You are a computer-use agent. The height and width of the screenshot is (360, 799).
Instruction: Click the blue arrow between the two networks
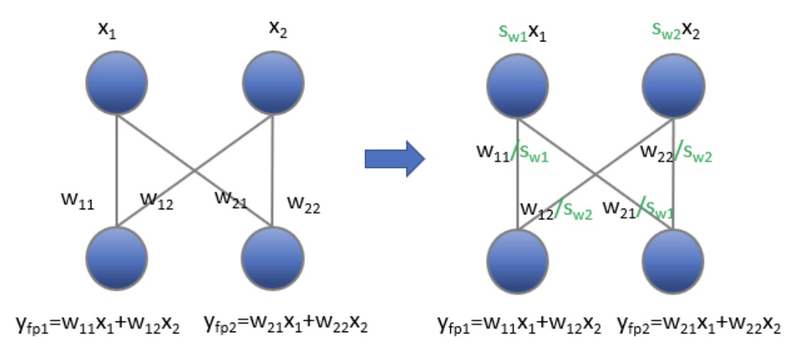click(394, 158)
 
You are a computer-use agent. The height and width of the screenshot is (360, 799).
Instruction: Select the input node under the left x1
click(116, 84)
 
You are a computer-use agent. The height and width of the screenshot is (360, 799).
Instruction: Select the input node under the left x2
click(273, 84)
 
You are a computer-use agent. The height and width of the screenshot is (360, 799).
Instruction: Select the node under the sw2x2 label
click(674, 84)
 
